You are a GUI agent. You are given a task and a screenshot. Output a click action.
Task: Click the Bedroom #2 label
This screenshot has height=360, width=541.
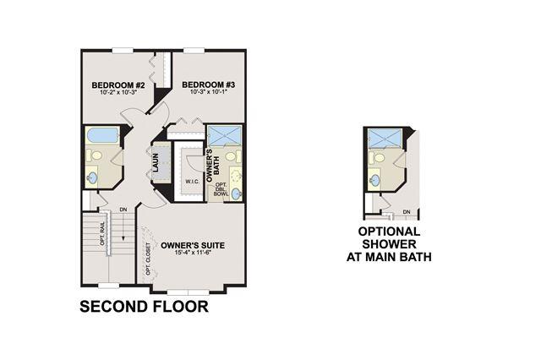(117, 85)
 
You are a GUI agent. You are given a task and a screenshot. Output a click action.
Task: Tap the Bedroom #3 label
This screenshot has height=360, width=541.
(209, 85)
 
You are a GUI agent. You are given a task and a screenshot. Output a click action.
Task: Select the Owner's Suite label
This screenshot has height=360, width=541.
(193, 246)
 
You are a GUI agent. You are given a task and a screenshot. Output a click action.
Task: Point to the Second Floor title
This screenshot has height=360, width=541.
(144, 307)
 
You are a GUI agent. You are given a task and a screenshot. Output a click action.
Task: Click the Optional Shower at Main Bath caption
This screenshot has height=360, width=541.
(389, 244)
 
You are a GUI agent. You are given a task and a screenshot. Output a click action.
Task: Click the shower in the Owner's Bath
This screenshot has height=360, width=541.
(225, 136)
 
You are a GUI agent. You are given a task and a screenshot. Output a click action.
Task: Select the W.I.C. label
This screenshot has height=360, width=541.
(192, 182)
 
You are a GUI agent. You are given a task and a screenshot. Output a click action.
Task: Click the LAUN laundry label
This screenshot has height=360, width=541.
(156, 162)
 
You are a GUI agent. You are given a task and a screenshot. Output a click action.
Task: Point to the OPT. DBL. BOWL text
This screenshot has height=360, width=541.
(221, 189)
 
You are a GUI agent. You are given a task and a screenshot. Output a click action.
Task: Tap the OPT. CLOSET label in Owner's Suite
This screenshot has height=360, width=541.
(149, 259)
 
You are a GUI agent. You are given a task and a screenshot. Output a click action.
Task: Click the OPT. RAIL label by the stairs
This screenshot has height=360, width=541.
(102, 233)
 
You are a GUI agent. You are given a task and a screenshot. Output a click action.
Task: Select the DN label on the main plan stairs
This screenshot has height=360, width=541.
(123, 210)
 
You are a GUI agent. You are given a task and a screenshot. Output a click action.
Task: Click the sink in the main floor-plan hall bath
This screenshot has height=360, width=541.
(92, 178)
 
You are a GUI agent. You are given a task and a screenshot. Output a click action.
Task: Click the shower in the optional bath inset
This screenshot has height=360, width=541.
(385, 139)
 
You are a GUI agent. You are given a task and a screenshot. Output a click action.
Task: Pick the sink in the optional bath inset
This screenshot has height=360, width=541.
(374, 179)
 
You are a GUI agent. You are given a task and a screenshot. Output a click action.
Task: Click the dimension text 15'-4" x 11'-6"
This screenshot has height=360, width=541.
(193, 253)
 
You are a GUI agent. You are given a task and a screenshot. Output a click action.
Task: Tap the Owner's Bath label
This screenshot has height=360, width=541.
(213, 165)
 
